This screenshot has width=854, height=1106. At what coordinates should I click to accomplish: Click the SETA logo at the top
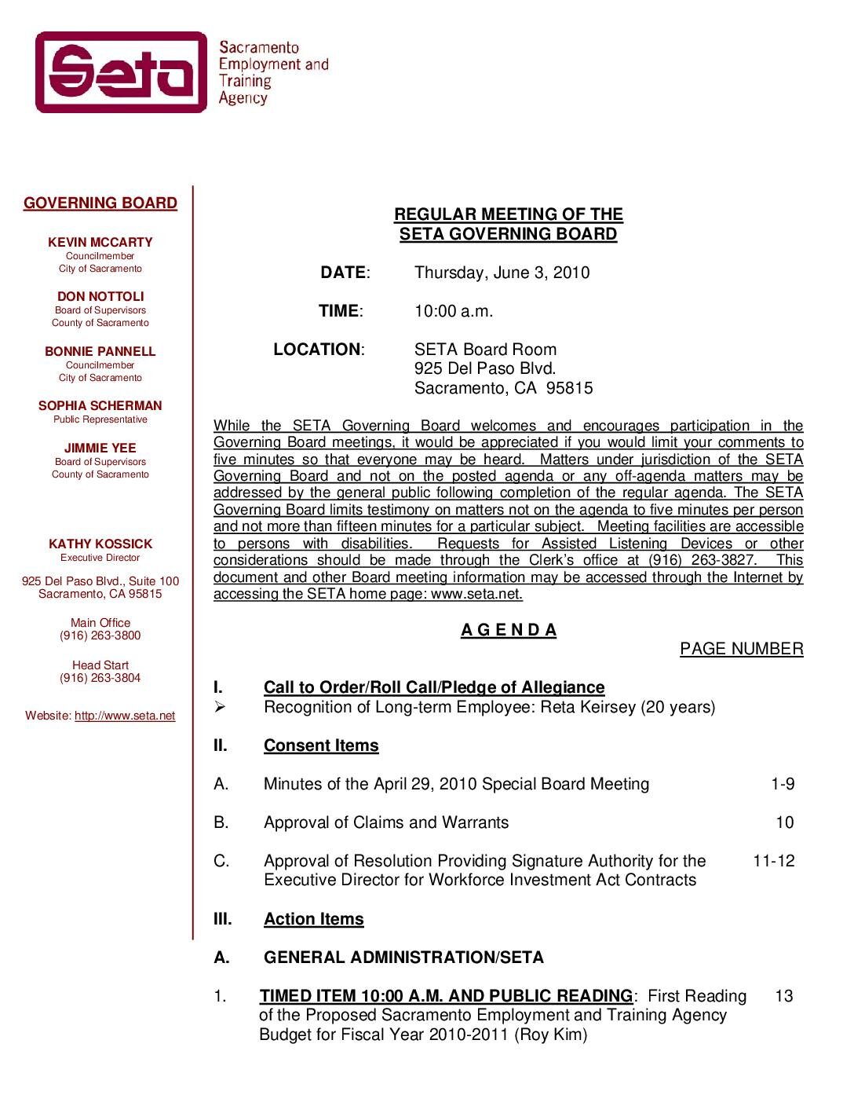(x=121, y=72)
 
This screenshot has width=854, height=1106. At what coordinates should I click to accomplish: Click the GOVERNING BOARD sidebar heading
(x=100, y=203)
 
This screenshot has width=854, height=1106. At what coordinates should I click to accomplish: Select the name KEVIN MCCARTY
(x=100, y=243)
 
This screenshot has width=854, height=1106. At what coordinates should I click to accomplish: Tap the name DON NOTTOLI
(x=100, y=297)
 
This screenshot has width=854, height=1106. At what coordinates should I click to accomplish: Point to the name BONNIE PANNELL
(x=100, y=352)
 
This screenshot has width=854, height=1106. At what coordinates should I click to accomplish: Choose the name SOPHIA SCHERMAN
(x=100, y=406)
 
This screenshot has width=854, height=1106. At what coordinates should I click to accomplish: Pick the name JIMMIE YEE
(x=100, y=449)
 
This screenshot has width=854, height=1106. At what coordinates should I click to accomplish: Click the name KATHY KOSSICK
(x=100, y=544)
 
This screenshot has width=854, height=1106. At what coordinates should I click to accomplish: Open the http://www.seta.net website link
(x=125, y=716)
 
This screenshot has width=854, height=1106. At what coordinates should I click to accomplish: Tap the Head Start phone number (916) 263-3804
(x=100, y=678)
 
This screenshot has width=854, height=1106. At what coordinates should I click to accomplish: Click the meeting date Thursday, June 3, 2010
(x=502, y=273)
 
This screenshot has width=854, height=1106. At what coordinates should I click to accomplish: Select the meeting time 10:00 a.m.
(x=454, y=312)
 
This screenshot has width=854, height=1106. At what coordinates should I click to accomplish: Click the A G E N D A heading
(x=509, y=631)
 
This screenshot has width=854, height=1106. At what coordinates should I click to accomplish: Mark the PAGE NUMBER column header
(x=741, y=650)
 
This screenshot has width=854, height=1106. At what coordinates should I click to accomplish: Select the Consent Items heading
(x=321, y=746)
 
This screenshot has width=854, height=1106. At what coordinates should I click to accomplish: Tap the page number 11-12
(x=773, y=862)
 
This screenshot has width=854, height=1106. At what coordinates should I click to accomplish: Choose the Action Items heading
(x=314, y=920)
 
